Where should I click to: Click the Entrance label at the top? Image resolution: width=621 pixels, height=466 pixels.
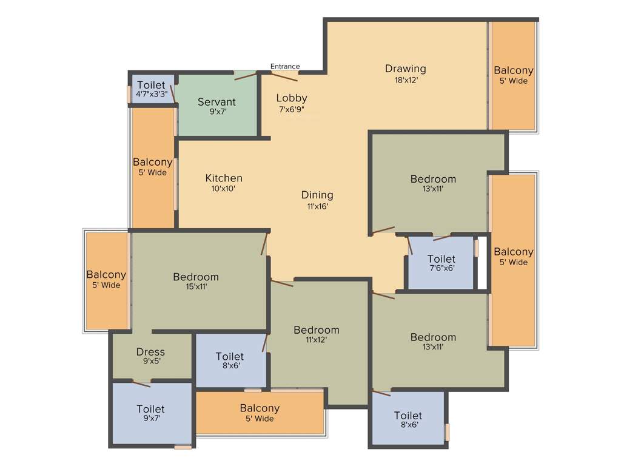(x=284, y=66)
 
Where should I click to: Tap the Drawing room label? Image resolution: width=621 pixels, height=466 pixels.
(x=405, y=69)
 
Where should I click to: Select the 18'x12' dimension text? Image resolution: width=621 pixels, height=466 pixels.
(x=405, y=79)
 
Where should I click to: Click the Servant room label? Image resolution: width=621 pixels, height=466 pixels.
(x=217, y=102)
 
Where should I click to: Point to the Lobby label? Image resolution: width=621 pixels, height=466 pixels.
(x=292, y=98)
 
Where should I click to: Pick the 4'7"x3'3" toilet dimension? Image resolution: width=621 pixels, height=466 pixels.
(x=152, y=95)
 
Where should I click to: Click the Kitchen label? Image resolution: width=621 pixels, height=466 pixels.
(x=224, y=178)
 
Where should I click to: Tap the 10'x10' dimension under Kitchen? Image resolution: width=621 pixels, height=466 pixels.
(x=224, y=189)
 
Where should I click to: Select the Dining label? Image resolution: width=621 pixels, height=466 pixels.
(x=317, y=195)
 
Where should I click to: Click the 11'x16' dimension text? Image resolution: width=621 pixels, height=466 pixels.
(x=317, y=206)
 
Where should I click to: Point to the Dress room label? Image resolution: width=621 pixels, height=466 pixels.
(x=150, y=352)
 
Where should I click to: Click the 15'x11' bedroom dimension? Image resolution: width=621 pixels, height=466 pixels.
(x=195, y=288)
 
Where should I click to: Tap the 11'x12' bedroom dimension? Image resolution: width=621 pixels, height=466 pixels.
(x=316, y=340)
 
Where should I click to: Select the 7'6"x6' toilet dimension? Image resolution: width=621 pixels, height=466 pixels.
(x=441, y=268)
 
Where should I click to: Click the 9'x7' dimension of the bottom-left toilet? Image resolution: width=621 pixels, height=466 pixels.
(x=150, y=418)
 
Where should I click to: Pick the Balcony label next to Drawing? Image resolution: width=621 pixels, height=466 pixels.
(x=513, y=70)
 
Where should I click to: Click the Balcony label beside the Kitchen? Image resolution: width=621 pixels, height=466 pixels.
(x=152, y=162)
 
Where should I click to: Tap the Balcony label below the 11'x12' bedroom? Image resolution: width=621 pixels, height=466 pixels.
(x=260, y=408)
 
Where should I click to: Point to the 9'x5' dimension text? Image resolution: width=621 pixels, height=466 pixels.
(x=150, y=362)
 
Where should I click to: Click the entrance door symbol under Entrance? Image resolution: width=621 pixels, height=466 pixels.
(x=284, y=76)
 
